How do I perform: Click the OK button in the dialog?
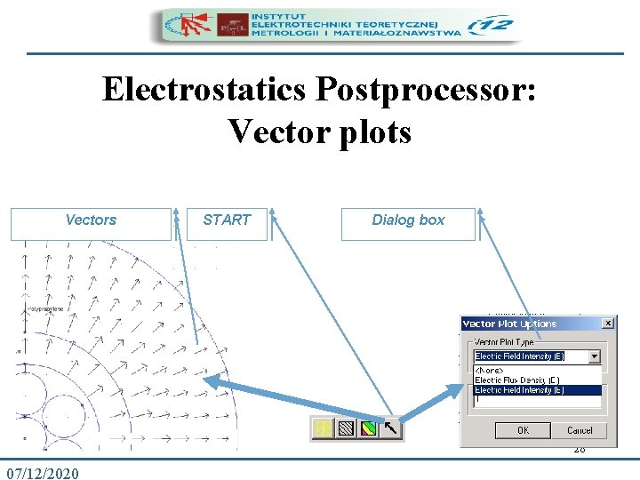(x=523, y=430)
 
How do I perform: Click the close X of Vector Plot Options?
(x=607, y=323)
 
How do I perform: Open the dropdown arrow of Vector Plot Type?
(x=594, y=356)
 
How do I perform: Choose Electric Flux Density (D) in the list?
(x=516, y=380)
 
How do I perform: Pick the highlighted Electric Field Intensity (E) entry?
(x=519, y=389)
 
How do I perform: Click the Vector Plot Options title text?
(x=509, y=324)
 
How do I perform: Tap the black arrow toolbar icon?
(x=391, y=429)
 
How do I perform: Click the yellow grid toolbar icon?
(x=322, y=429)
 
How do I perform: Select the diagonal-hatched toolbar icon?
(x=345, y=429)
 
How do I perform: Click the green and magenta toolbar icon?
(x=368, y=429)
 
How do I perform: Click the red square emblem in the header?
(x=234, y=24)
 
